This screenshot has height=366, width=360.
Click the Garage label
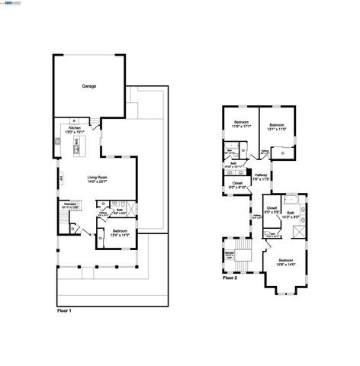pos(89,86)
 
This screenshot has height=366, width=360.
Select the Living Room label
pos(96,175)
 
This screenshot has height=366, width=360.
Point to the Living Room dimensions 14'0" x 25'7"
pos(96,181)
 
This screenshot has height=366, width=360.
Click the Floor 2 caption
pos(230,278)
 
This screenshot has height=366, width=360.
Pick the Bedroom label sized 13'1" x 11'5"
pos(275,124)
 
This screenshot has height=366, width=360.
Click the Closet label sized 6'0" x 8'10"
pos(237,183)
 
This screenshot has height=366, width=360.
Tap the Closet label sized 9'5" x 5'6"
pos(272,207)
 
